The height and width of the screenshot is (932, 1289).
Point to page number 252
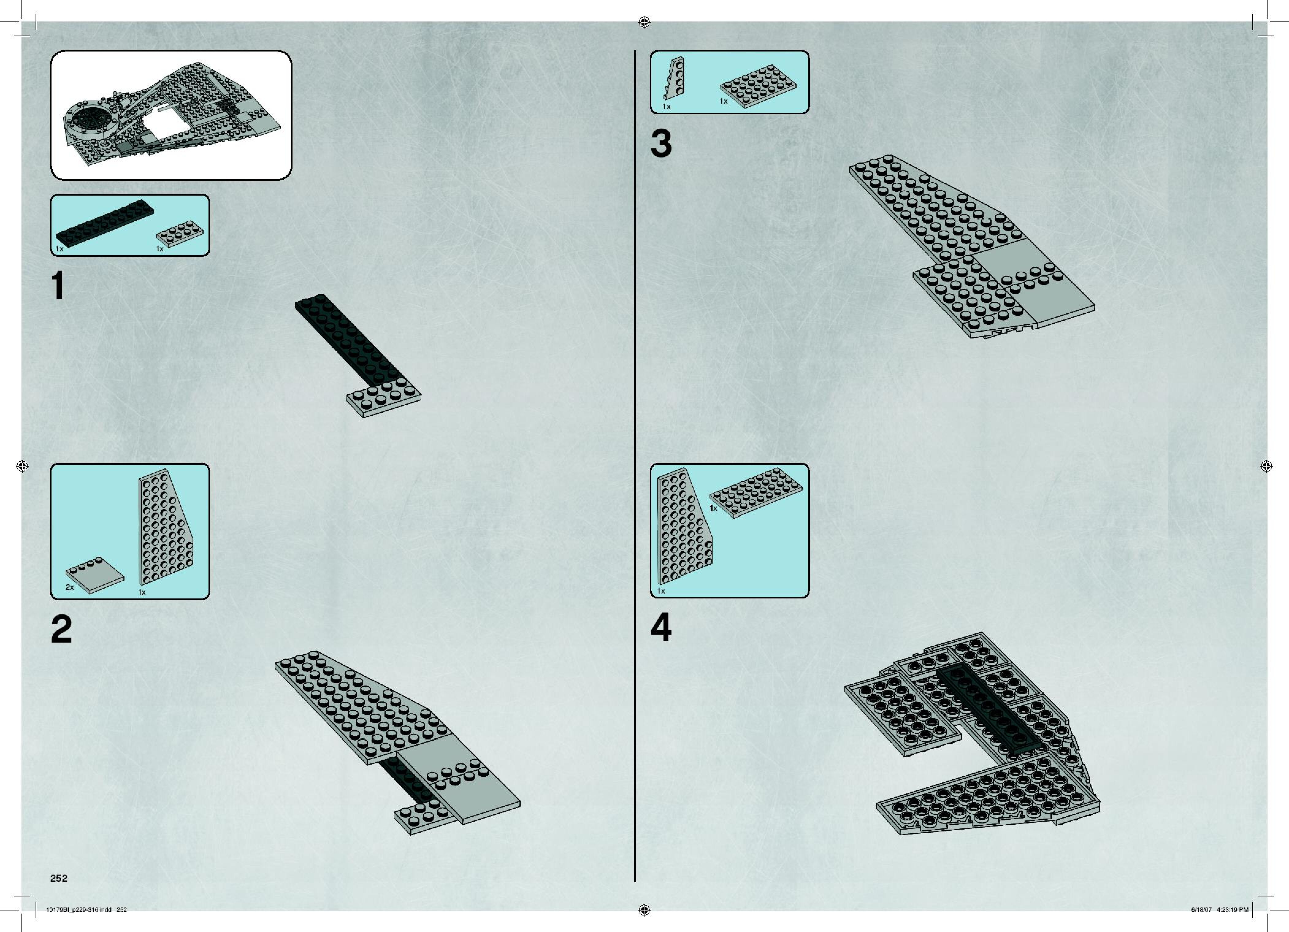point(59,878)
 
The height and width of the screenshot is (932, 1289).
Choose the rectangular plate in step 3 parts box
point(757,90)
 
